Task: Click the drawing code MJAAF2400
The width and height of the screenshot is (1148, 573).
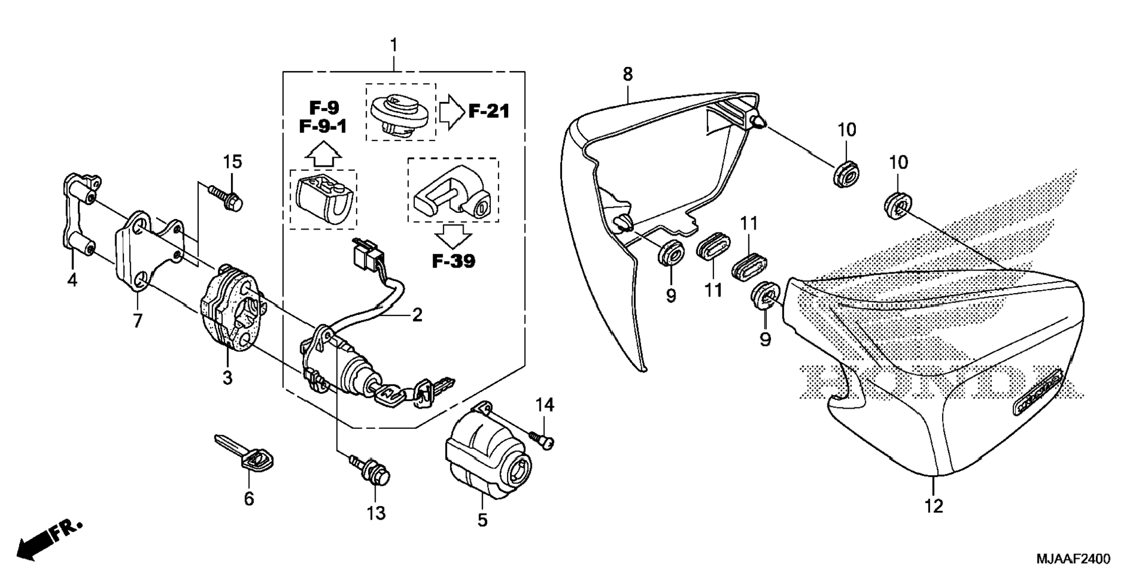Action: [x=1073, y=559]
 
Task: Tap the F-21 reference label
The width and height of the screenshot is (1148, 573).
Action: [x=489, y=111]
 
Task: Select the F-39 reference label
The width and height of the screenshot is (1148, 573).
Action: [x=454, y=261]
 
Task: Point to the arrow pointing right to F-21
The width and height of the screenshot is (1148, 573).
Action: [x=452, y=111]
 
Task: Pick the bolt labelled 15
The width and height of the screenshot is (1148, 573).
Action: [x=226, y=198]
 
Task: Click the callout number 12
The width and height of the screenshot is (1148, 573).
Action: [x=934, y=506]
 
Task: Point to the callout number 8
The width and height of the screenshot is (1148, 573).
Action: [x=627, y=74]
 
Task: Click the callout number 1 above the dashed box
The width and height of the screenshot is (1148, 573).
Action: [x=394, y=45]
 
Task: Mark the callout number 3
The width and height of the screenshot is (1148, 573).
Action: [x=227, y=377]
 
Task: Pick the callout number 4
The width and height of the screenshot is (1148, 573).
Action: [x=72, y=279]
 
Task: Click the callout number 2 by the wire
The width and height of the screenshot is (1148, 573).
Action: [x=417, y=315]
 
